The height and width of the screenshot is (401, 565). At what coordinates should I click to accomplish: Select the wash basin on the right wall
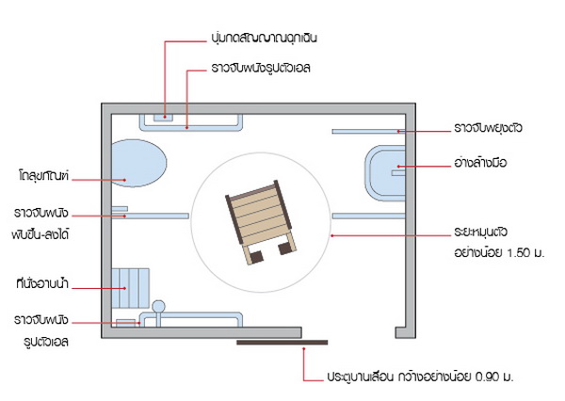385,170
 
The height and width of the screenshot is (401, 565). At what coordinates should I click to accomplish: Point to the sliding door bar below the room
282,342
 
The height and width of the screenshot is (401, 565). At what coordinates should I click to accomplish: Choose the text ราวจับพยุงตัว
488,127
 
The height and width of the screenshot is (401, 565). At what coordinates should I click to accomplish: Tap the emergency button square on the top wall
161,119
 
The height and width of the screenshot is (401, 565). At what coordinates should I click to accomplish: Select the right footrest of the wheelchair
284,249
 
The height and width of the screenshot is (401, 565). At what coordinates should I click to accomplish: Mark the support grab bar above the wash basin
367,131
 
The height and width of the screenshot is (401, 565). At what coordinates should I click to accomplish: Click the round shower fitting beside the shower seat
159,306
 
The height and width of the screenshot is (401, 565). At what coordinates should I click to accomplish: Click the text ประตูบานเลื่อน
360,377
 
